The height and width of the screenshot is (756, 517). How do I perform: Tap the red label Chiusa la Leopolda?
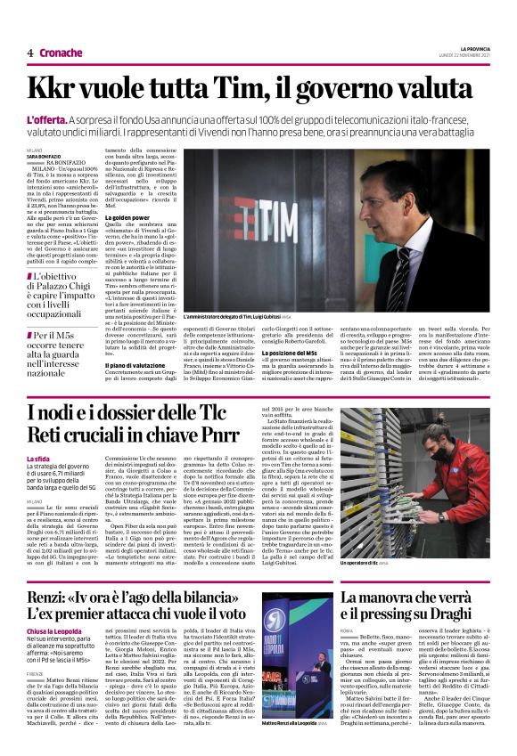[x=61, y=656]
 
